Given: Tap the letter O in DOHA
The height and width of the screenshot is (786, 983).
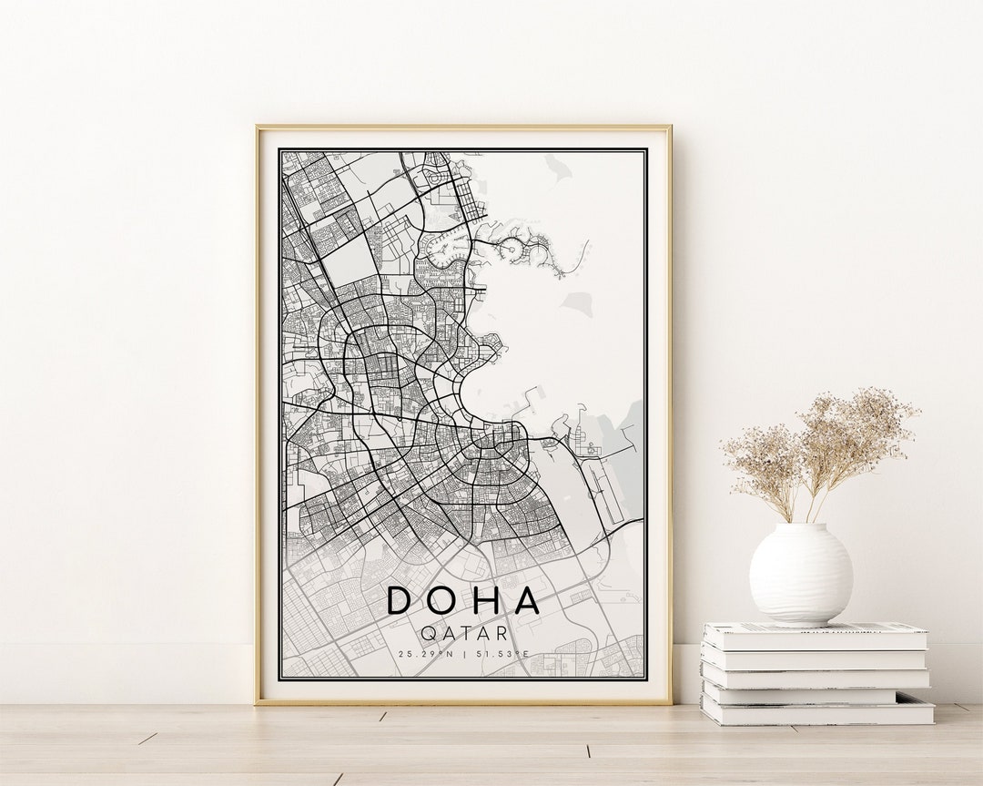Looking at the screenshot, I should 442,600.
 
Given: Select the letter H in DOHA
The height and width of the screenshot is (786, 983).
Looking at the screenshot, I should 485,600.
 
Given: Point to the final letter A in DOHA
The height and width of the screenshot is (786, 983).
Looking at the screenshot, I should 527,600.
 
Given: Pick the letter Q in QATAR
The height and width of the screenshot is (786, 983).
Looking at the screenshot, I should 428,633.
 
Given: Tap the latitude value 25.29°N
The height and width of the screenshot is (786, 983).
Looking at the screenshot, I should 426,654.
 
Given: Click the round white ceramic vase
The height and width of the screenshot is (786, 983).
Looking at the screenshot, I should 800,574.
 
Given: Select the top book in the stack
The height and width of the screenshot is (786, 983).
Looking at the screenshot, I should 815,635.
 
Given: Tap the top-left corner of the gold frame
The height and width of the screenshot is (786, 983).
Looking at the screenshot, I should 258,127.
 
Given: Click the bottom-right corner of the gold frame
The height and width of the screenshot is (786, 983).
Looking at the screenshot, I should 670,702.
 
